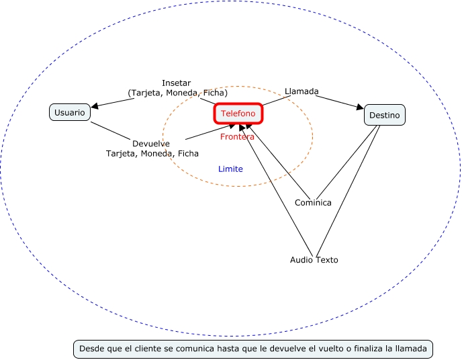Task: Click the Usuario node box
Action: (70, 112)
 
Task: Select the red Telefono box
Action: (238, 114)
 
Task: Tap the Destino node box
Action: (384, 116)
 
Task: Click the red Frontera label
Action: (237, 137)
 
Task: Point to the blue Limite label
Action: (230, 169)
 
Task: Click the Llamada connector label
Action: (302, 91)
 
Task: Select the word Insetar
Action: (176, 83)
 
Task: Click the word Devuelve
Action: (151, 144)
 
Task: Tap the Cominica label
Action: (313, 203)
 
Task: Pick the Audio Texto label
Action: (314, 260)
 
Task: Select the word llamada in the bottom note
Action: (413, 349)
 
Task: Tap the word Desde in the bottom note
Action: (91, 349)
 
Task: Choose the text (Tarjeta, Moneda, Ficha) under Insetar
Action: (177, 93)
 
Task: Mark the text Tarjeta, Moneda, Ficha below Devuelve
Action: (152, 153)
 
